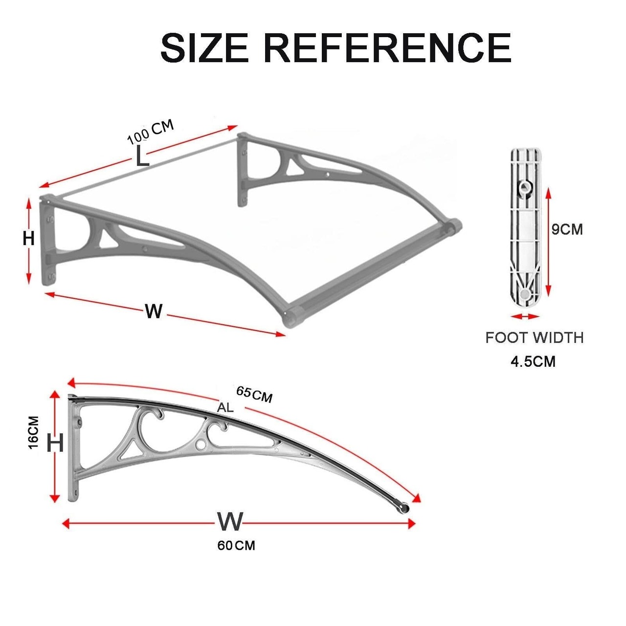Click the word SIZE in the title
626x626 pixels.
tap(204, 47)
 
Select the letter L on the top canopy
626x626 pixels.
tap(141, 156)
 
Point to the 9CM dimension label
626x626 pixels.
tap(567, 230)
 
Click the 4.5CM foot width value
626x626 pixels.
tap(533, 361)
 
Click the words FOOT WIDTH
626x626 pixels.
tap(535, 338)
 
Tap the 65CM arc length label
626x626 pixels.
tap(254, 394)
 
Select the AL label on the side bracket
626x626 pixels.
tap(225, 407)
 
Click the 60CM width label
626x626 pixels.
tap(236, 545)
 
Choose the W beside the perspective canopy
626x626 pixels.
tap(154, 312)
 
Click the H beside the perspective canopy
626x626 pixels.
tap(28, 239)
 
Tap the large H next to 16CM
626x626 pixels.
tap(55, 443)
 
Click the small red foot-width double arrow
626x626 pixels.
tap(525, 316)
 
